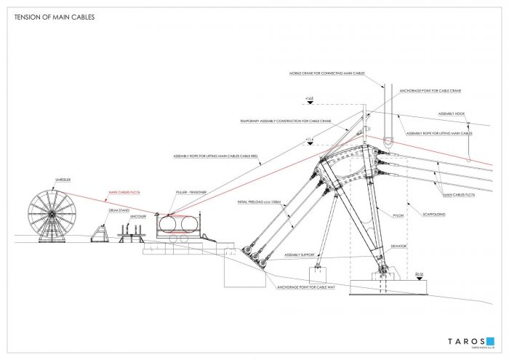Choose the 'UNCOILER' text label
point(139,215)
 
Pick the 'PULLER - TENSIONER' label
point(192,193)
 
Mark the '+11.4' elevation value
point(309,140)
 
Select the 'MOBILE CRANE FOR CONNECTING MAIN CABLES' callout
point(326,74)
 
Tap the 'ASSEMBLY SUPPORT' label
point(300,255)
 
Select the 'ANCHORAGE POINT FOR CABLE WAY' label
point(302,287)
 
